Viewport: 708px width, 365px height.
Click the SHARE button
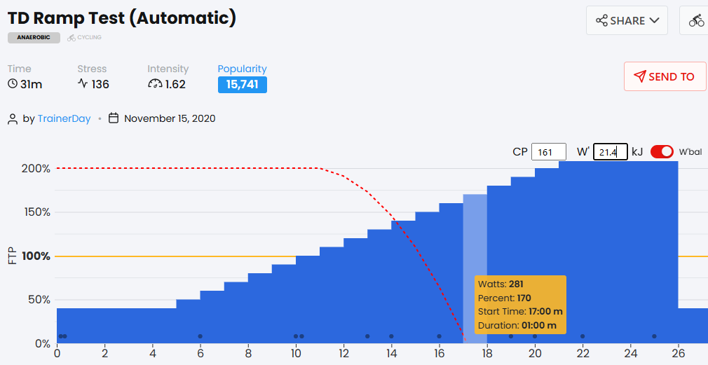tap(627, 20)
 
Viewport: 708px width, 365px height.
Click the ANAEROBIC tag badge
tap(34, 38)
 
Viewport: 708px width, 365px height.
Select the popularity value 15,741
tap(242, 85)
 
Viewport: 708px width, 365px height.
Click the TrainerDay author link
tap(64, 118)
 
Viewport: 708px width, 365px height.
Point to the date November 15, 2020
tap(170, 118)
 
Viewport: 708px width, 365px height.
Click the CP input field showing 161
tap(548, 152)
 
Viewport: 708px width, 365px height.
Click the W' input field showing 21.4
tap(611, 152)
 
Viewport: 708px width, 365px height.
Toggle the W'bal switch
tap(662, 152)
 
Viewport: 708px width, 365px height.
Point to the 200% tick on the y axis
tap(36, 169)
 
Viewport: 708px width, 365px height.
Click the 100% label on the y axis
tap(36, 256)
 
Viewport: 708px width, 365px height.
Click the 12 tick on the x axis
tap(343, 354)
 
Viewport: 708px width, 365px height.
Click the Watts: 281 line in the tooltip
tap(500, 284)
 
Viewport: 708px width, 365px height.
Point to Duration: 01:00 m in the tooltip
tap(517, 325)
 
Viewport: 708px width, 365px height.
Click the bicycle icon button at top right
tap(696, 20)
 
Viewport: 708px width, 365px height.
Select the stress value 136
tap(100, 85)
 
